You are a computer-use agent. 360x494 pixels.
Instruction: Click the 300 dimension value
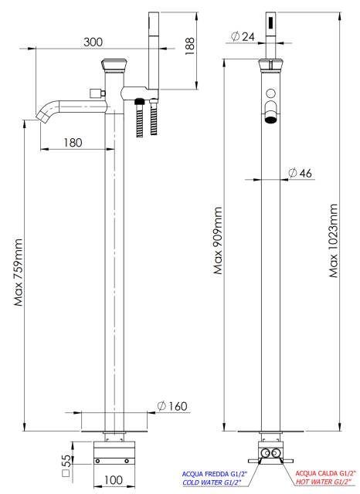click(x=93, y=42)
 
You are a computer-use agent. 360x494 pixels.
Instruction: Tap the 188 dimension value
click(x=190, y=46)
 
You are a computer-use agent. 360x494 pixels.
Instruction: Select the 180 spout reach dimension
click(x=73, y=142)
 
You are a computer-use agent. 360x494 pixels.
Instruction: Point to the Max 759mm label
click(x=19, y=272)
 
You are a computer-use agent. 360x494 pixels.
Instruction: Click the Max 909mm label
click(x=218, y=240)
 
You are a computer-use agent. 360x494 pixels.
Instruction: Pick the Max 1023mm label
click(x=333, y=241)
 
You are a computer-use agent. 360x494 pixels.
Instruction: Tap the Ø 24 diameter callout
click(x=243, y=36)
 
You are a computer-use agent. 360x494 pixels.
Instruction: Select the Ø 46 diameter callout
click(x=300, y=173)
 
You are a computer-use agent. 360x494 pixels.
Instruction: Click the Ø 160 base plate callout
click(x=172, y=406)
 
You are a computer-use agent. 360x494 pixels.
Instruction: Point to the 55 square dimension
click(x=66, y=465)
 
